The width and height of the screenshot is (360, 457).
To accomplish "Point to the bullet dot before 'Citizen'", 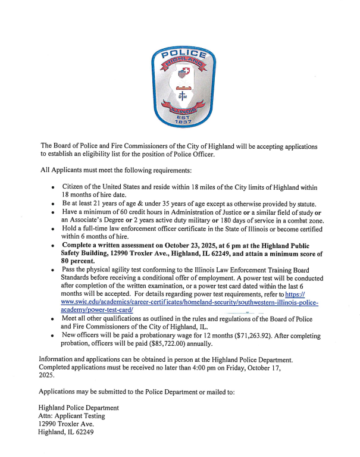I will pyautogui.click(x=54, y=187).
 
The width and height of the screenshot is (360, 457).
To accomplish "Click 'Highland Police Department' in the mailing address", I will pyautogui.click(x=79, y=408).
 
